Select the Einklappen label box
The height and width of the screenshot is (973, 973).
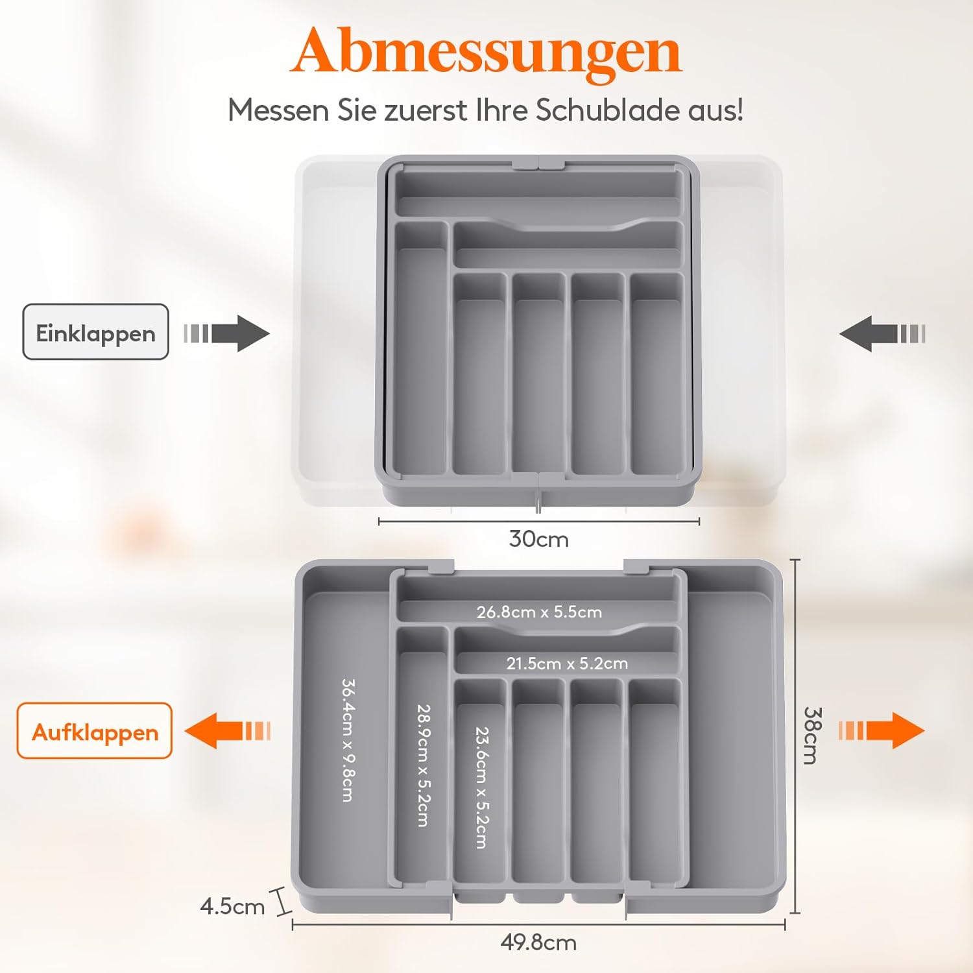point(96,331)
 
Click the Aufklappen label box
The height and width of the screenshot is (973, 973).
point(95,730)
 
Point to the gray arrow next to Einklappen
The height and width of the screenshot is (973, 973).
point(226,333)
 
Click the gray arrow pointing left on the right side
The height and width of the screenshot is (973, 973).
point(882,333)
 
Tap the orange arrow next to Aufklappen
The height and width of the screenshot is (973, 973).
point(228,730)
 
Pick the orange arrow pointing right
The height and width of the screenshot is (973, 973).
point(882,730)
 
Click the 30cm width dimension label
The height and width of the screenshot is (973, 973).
point(539,539)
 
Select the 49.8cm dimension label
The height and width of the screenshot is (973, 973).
point(538,942)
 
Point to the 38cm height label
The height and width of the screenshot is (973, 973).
point(813,736)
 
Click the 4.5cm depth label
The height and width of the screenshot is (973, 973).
point(232,906)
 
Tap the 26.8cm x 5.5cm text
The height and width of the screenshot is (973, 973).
point(539,612)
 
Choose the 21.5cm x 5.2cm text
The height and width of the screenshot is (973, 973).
point(567,664)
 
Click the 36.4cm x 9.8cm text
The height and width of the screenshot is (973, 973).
point(348,740)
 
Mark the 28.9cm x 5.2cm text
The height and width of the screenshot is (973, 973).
point(423,765)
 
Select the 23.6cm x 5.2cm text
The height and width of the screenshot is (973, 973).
point(482,787)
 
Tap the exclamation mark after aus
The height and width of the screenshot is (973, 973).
point(739,110)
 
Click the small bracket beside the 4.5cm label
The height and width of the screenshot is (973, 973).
point(282,902)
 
